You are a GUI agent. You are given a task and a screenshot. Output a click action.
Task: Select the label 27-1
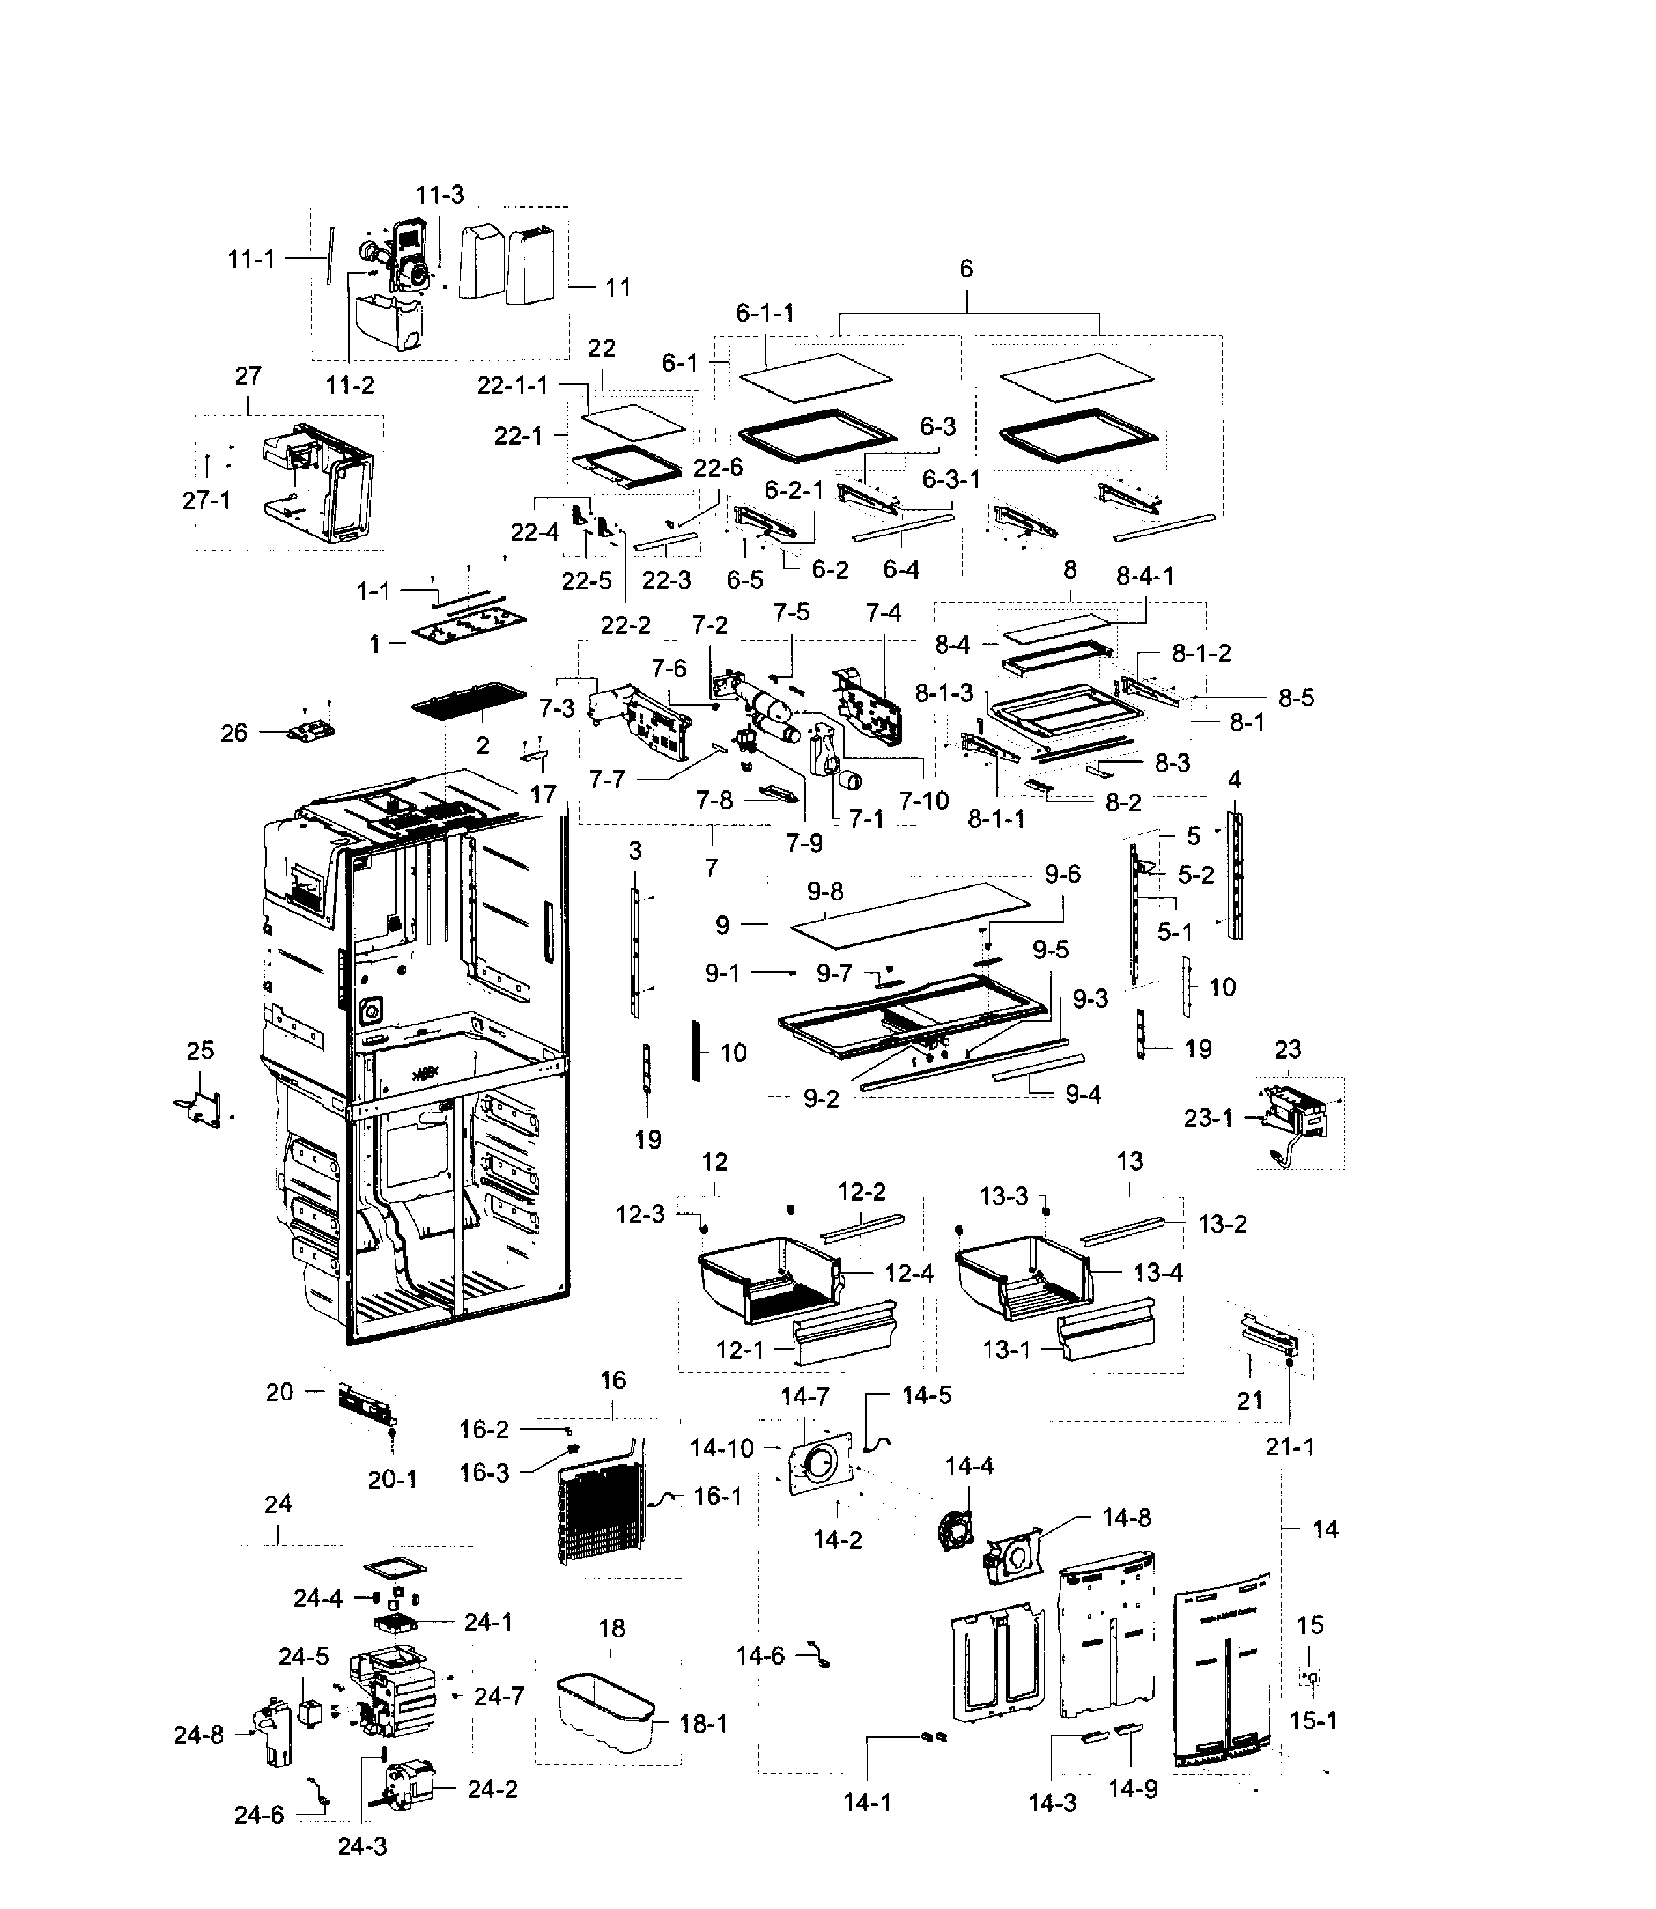pos(206,500)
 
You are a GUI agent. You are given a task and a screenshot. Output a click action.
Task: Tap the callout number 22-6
pos(718,467)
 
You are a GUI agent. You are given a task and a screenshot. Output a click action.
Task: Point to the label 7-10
pos(923,800)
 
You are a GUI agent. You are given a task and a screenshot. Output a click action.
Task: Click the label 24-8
pos(199,1735)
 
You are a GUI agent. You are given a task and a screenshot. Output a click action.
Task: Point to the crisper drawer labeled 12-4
pos(767,1285)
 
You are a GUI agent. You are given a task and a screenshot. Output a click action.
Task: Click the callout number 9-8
pos(824,891)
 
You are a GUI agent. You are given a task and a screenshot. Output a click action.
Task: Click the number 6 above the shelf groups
pos(966,269)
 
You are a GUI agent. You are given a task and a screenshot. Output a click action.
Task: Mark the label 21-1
pos(1289,1447)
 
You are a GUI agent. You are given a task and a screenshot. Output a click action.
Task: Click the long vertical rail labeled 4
pos(1235,875)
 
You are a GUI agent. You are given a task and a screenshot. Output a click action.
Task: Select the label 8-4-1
pos(1144,577)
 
